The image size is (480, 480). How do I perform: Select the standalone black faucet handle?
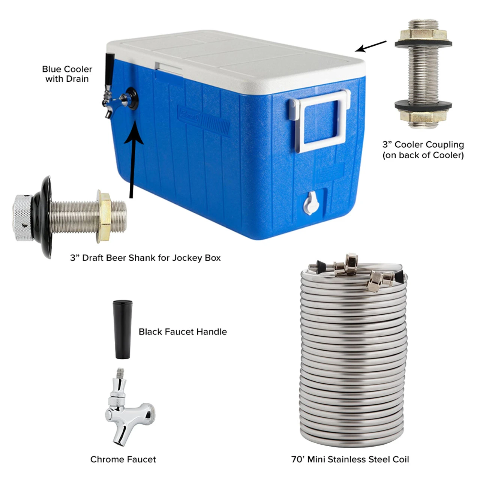click(122, 329)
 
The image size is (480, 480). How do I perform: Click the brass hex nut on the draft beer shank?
click(104, 216)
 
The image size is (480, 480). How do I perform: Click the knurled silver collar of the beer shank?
click(23, 218)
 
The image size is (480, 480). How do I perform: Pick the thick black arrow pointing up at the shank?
click(133, 159)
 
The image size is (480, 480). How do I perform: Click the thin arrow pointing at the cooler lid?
click(370, 46)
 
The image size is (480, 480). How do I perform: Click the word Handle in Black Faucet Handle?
click(211, 332)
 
